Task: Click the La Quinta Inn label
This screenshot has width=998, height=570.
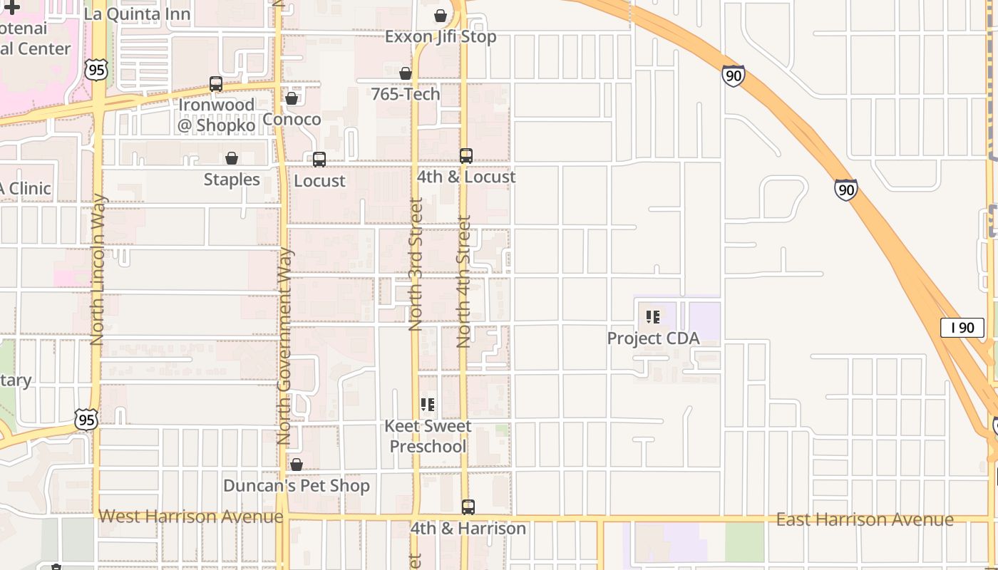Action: tap(137, 14)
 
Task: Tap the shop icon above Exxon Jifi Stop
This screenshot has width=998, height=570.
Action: tap(441, 16)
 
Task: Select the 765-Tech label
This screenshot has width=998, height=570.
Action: tap(406, 94)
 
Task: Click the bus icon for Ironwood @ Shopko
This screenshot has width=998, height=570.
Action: tap(216, 84)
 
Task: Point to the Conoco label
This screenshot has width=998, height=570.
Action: tap(292, 119)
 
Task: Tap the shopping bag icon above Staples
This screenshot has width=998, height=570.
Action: tap(232, 158)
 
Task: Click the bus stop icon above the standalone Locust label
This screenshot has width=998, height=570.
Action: tap(319, 160)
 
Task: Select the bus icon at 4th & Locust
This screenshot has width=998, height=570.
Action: tap(465, 156)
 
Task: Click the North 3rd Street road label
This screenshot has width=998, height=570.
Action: tap(416, 264)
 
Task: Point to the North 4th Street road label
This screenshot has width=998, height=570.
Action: tap(464, 281)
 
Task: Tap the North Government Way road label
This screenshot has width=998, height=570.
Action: tap(284, 346)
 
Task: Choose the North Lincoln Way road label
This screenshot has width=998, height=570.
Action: tap(98, 269)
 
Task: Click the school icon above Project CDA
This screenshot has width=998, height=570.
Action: tap(653, 316)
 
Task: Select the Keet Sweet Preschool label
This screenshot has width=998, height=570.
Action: tap(428, 436)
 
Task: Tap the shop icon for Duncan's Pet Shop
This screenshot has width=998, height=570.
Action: tap(297, 465)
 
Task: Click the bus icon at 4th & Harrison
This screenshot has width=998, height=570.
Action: tap(468, 507)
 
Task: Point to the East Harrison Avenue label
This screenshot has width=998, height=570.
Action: tap(864, 519)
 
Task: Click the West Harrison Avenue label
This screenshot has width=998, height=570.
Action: tap(190, 516)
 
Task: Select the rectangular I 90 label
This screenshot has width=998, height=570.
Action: tap(962, 328)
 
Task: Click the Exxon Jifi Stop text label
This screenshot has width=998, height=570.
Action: tap(441, 36)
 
